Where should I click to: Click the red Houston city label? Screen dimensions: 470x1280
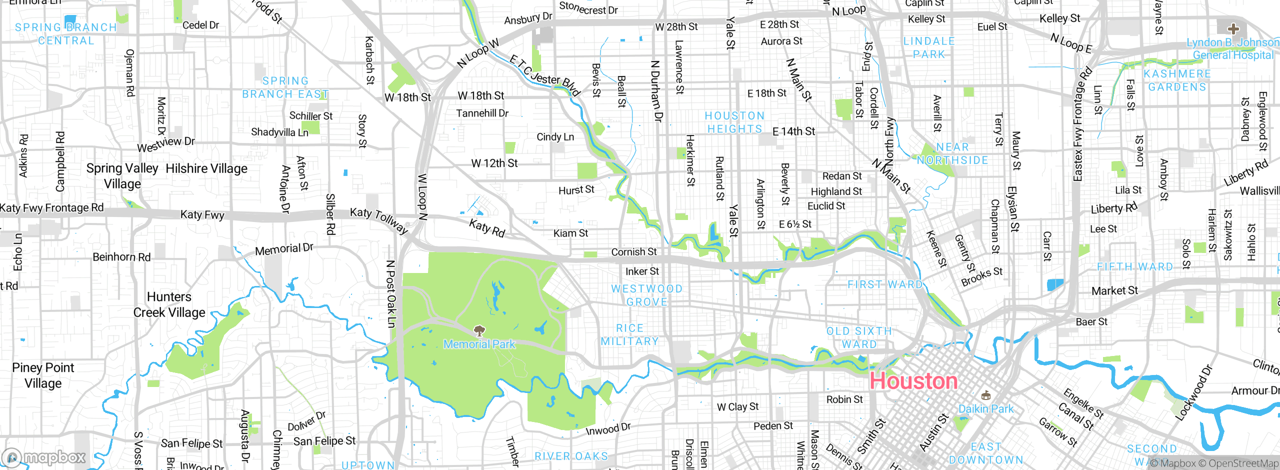tap(913, 381)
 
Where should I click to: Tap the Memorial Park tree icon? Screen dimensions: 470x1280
tap(479, 330)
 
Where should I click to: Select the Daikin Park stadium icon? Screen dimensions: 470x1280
tap(985, 396)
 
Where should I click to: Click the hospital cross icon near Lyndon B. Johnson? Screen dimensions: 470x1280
tap(1233, 29)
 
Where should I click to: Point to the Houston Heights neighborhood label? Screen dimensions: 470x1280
tap(734, 122)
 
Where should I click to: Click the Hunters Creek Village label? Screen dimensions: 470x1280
tap(169, 304)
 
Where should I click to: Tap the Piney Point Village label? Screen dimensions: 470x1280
tap(43, 375)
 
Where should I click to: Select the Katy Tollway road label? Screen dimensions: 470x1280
tap(379, 220)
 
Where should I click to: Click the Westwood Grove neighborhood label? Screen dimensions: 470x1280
tap(647, 295)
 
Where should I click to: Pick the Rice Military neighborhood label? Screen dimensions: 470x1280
tap(629, 335)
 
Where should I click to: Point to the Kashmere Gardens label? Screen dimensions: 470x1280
tap(1177, 80)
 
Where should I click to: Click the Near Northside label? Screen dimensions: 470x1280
tap(952, 153)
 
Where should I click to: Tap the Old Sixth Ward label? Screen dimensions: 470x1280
tap(859, 337)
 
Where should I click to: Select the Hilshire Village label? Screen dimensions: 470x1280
tap(206, 169)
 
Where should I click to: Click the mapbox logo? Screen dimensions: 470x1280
tap(44, 457)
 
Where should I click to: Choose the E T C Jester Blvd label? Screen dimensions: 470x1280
tap(545, 76)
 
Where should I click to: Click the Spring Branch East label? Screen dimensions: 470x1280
tap(285, 87)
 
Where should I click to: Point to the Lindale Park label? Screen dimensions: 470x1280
tap(929, 47)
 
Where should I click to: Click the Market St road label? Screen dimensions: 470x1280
tap(1114, 290)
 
